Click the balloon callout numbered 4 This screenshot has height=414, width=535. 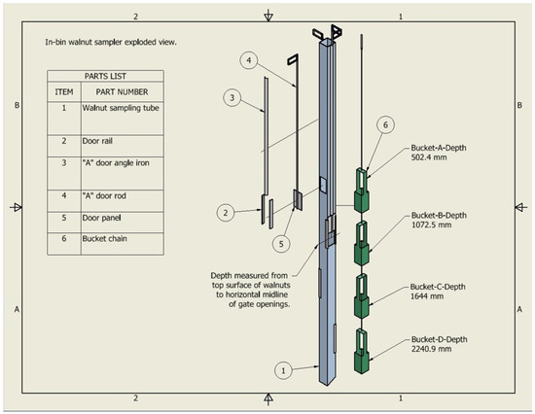tap(249, 60)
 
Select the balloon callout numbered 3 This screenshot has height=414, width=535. tap(232, 97)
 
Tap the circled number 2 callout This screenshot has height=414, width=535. tap(226, 213)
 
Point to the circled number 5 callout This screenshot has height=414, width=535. tap(281, 244)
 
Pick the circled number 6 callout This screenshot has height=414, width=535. tap(385, 125)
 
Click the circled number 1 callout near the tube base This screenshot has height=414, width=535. tap(283, 370)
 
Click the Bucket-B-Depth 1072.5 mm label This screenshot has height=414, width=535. tap(439, 220)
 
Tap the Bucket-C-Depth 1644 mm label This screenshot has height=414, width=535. tap(438, 292)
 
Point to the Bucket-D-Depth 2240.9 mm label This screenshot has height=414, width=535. tap(439, 344)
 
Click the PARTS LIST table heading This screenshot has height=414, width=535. tap(105, 76)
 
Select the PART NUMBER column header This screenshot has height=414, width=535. tap(122, 92)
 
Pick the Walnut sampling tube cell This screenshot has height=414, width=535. tap(121, 108)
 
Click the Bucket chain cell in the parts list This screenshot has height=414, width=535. tap(104, 238)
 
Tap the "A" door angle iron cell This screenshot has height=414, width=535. tap(116, 163)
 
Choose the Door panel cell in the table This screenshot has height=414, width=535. tap(101, 218)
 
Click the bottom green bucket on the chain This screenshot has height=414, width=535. tap(362, 351)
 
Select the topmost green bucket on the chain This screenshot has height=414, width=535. tap(362, 190)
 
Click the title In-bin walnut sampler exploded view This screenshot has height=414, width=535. tap(111, 43)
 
